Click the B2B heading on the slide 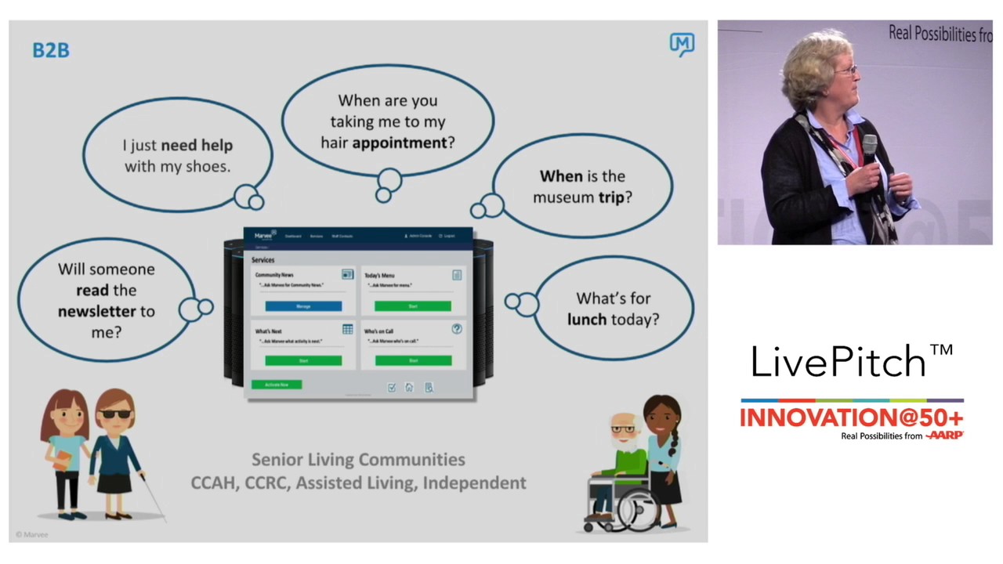click(x=51, y=50)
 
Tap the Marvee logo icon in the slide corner click(x=682, y=45)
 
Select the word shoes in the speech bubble click(x=207, y=166)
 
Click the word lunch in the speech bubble click(x=587, y=320)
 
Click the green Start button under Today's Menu click(x=412, y=305)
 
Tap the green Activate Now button click(x=277, y=385)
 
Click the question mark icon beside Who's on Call click(x=457, y=329)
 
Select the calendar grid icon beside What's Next click(x=347, y=329)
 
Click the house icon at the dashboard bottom click(x=409, y=387)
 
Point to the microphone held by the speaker click(x=869, y=148)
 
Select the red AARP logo click(x=944, y=436)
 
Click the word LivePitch click(x=838, y=362)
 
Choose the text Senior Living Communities click(x=358, y=460)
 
